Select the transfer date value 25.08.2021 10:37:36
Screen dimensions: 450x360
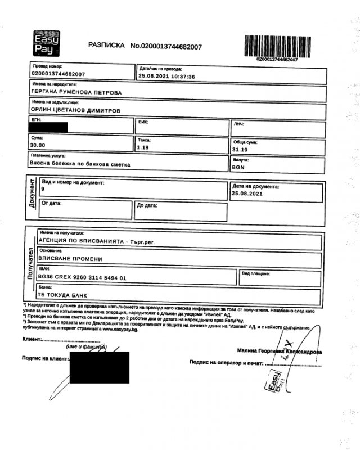click(x=166, y=76)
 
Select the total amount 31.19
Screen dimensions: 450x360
click(x=241, y=150)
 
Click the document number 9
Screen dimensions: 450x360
click(x=43, y=190)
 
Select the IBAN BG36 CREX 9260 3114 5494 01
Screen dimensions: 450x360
click(x=82, y=277)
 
